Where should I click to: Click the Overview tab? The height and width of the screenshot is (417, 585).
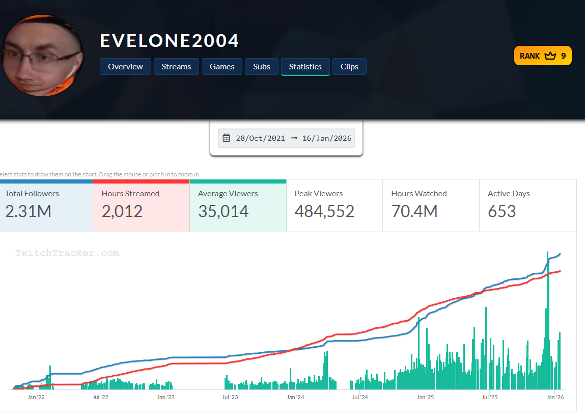pyautogui.click(x=125, y=67)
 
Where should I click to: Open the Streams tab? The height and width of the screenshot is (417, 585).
pyautogui.click(x=176, y=67)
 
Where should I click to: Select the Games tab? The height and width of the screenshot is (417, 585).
pyautogui.click(x=222, y=67)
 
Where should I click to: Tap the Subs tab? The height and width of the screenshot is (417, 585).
pyautogui.click(x=262, y=67)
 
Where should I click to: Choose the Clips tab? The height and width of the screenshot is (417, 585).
pyautogui.click(x=349, y=67)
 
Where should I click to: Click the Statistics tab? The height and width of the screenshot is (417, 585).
pyautogui.click(x=305, y=67)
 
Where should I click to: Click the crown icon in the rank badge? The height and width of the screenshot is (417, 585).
pyautogui.click(x=550, y=56)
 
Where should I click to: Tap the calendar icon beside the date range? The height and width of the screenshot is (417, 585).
pyautogui.click(x=227, y=138)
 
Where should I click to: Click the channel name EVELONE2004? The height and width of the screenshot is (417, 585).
pyautogui.click(x=170, y=41)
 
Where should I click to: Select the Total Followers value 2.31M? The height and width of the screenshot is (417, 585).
pyautogui.click(x=28, y=211)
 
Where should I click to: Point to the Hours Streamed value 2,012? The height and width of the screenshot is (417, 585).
pyautogui.click(x=123, y=211)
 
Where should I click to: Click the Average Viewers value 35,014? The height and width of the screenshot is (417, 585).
pyautogui.click(x=223, y=211)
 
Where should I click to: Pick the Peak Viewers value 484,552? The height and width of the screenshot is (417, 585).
pyautogui.click(x=324, y=211)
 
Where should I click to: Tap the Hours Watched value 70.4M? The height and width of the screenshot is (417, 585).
pyautogui.click(x=414, y=211)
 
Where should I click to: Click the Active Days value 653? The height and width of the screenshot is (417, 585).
pyautogui.click(x=502, y=211)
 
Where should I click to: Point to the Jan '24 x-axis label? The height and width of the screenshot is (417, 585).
pyautogui.click(x=295, y=397)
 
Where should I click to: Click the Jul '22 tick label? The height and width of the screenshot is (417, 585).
pyautogui.click(x=100, y=397)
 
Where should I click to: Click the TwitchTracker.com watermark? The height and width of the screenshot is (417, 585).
pyautogui.click(x=67, y=253)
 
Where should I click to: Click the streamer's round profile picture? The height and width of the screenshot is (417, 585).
pyautogui.click(x=42, y=56)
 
